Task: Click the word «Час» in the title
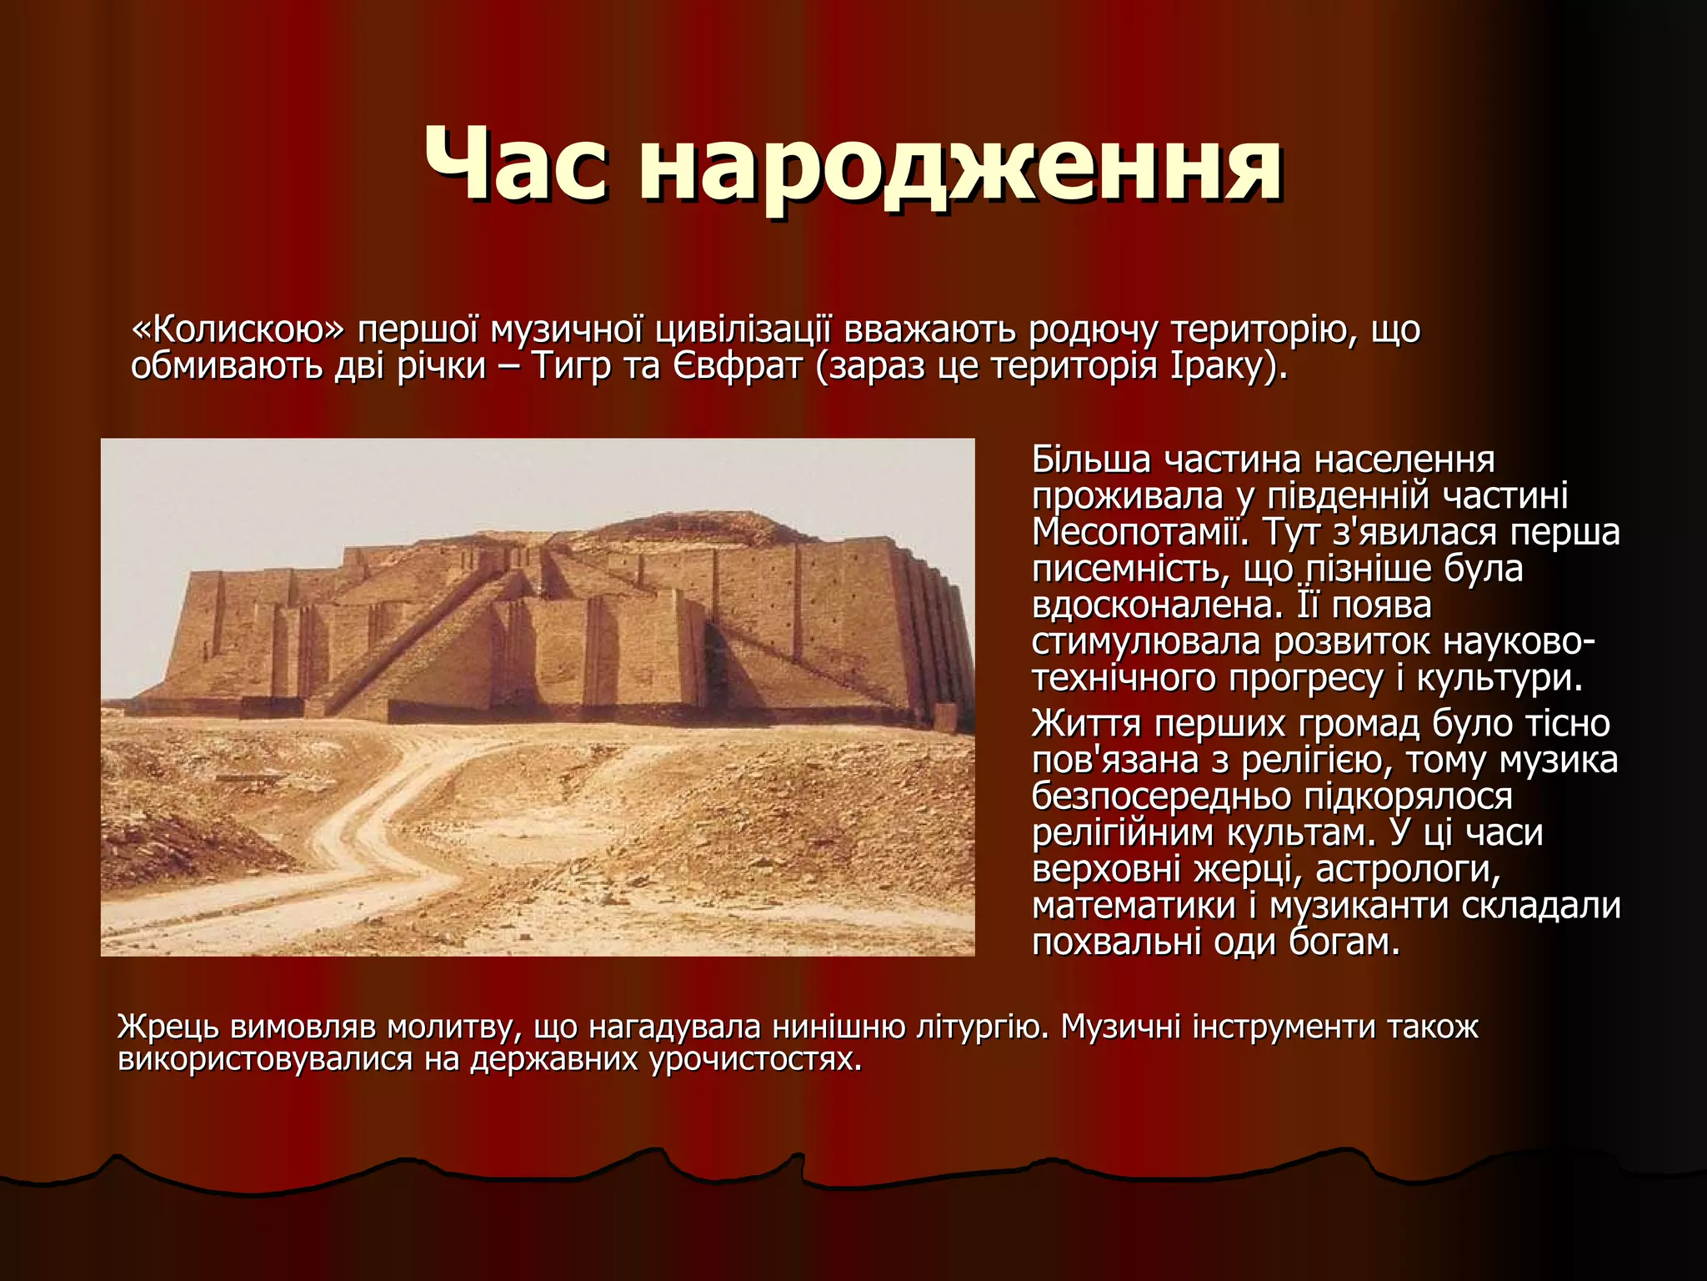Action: point(516,164)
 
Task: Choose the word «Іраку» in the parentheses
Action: point(1222,365)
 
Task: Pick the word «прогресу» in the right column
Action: point(1304,678)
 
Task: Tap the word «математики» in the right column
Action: point(1134,906)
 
